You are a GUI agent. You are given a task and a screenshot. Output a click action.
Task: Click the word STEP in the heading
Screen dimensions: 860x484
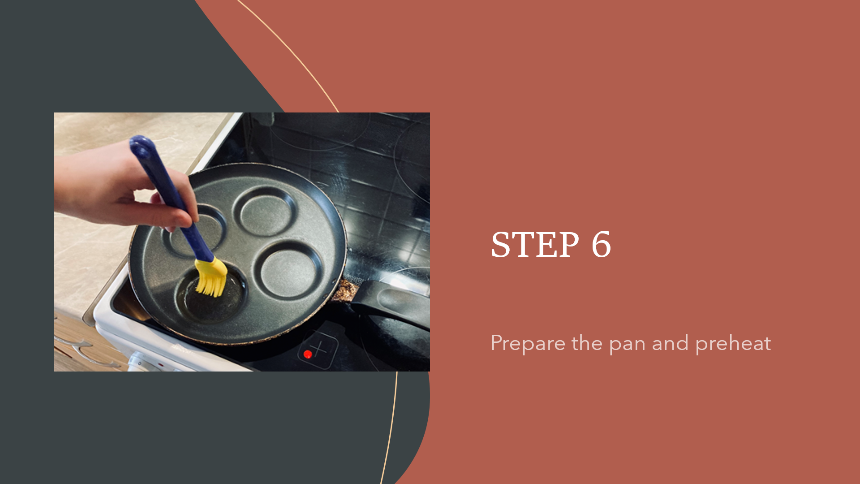tap(535, 245)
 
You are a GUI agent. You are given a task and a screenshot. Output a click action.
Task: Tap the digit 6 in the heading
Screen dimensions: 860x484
tap(601, 245)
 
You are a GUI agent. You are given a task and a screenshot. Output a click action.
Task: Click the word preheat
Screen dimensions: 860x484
tap(733, 344)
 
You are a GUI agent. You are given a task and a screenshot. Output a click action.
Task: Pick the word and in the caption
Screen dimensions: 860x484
tap(670, 343)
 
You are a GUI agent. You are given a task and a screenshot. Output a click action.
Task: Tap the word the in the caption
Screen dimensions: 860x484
tap(587, 343)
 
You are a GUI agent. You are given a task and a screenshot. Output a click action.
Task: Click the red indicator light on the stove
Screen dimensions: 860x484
tap(308, 354)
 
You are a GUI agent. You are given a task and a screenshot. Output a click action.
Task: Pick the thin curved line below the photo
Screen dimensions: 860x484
tap(391, 428)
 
